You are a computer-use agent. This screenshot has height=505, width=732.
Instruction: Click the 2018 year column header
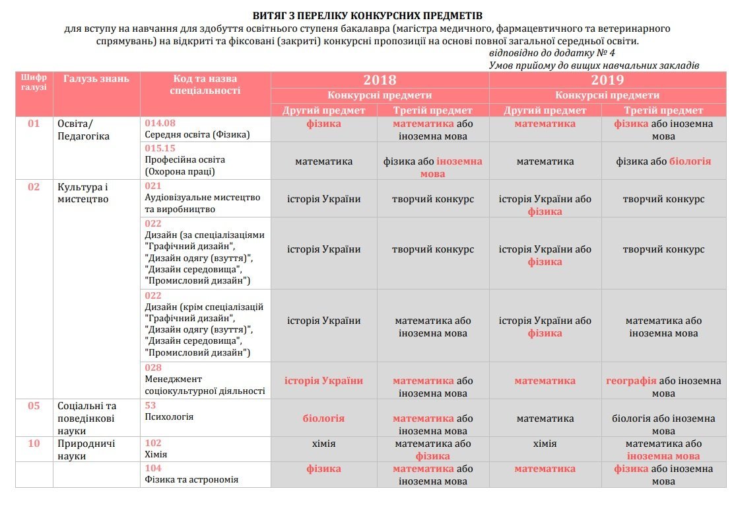coord(380,80)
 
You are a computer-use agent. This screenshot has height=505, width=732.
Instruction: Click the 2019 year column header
coord(607,80)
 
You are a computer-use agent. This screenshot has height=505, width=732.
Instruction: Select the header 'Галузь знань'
coord(96,79)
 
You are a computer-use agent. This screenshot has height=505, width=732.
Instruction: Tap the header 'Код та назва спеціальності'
coord(205,85)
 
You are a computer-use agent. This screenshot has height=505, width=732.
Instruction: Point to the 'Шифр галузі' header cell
coord(34,83)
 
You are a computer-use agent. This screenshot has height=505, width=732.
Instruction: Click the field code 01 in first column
coord(34,124)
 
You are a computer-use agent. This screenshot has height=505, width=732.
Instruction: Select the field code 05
coord(34,406)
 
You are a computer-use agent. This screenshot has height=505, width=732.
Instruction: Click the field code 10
coord(34,444)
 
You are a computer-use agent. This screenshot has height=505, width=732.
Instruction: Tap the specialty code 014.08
coord(160,123)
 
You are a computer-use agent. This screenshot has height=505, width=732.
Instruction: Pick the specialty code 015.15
coord(160,148)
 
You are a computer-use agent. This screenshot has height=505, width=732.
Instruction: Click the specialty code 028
coord(153,368)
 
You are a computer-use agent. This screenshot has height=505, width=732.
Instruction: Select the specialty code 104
coord(153,468)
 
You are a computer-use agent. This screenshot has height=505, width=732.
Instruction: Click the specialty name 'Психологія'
coord(169,417)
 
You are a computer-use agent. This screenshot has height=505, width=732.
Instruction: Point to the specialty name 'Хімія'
coord(156,455)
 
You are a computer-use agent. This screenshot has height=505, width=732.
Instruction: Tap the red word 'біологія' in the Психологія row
coord(323,418)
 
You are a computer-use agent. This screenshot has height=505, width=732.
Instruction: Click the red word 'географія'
coord(631,381)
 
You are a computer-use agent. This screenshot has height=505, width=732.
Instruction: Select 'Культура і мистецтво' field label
coord(83,192)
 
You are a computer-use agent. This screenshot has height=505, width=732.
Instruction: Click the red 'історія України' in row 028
coord(323,381)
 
